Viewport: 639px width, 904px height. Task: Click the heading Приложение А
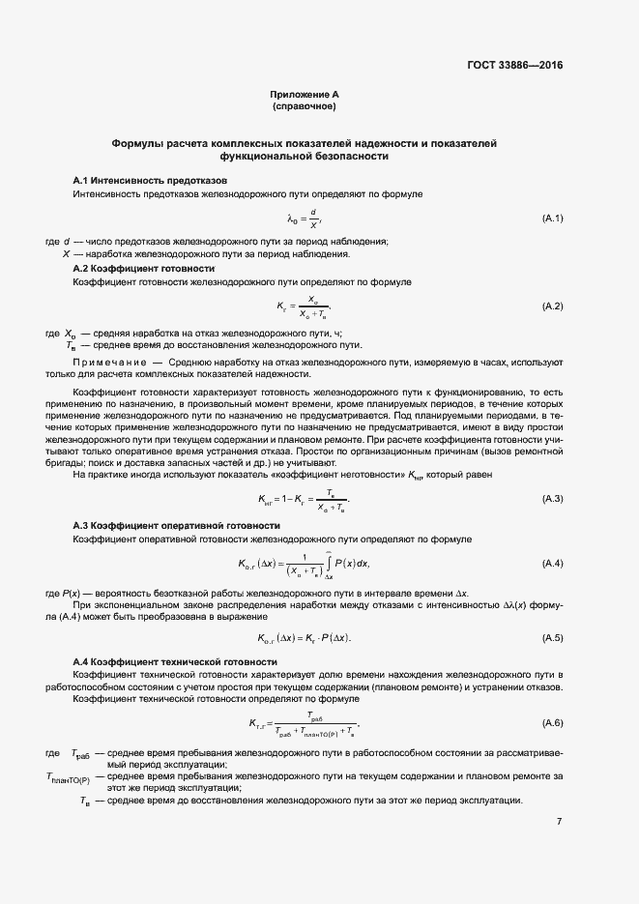point(305,95)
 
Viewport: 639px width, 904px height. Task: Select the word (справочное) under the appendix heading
point(304,106)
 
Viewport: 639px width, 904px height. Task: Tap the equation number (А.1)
point(552,219)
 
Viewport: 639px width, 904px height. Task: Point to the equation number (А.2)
point(552,306)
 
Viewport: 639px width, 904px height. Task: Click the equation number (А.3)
point(552,498)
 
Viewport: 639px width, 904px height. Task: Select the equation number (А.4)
point(552,563)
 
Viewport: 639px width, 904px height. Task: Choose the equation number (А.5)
point(552,637)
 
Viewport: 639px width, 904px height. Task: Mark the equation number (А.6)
point(552,723)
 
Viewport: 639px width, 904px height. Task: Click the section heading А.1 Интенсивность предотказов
point(150,181)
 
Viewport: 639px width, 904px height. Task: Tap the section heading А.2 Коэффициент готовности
point(143,268)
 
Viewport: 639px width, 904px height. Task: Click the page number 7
point(559,822)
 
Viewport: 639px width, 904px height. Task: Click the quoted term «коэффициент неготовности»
point(342,474)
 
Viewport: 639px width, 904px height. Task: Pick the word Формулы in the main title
point(139,143)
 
